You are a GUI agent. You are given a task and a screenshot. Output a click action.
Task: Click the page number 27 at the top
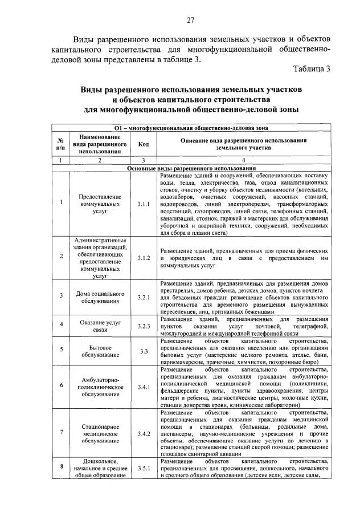point(191,21)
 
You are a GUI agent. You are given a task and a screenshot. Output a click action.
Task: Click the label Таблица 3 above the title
point(311,69)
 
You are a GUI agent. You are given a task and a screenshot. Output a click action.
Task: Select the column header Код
point(143,144)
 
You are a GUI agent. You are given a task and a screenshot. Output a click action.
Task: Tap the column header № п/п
point(60,144)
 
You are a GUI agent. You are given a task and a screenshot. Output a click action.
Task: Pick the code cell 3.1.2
point(143,258)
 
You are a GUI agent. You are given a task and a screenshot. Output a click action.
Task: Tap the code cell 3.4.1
point(143,388)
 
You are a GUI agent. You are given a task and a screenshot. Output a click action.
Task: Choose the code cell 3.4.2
point(143,434)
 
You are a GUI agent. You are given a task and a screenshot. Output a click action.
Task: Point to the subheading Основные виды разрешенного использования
point(191,169)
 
